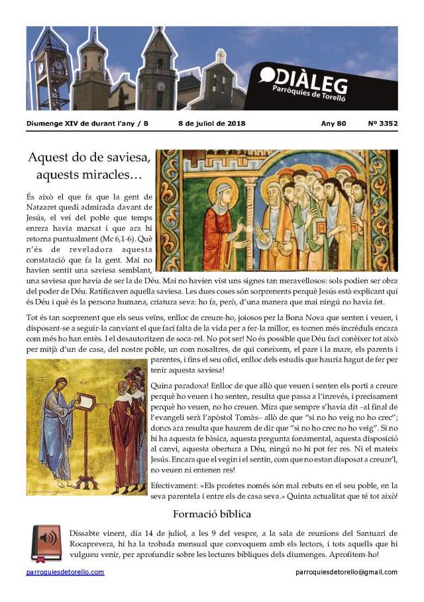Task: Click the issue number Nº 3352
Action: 382,123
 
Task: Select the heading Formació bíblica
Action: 212,513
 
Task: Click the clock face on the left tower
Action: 40,67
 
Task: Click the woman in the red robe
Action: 220,225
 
